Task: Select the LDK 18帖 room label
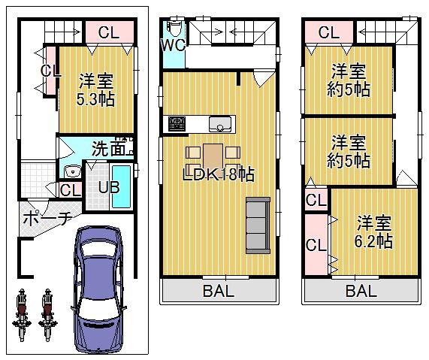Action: [220, 175]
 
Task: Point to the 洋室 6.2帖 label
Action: [373, 232]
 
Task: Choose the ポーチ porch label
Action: [47, 219]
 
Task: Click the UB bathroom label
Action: [110, 187]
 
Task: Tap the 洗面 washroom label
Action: [109, 149]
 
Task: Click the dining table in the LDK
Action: [213, 156]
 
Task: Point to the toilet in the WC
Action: [174, 27]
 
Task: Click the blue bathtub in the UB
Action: [125, 186]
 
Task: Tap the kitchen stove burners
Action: [178, 123]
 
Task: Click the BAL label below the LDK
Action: [218, 292]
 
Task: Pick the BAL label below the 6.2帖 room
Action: [361, 292]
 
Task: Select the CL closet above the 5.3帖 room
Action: [108, 33]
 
